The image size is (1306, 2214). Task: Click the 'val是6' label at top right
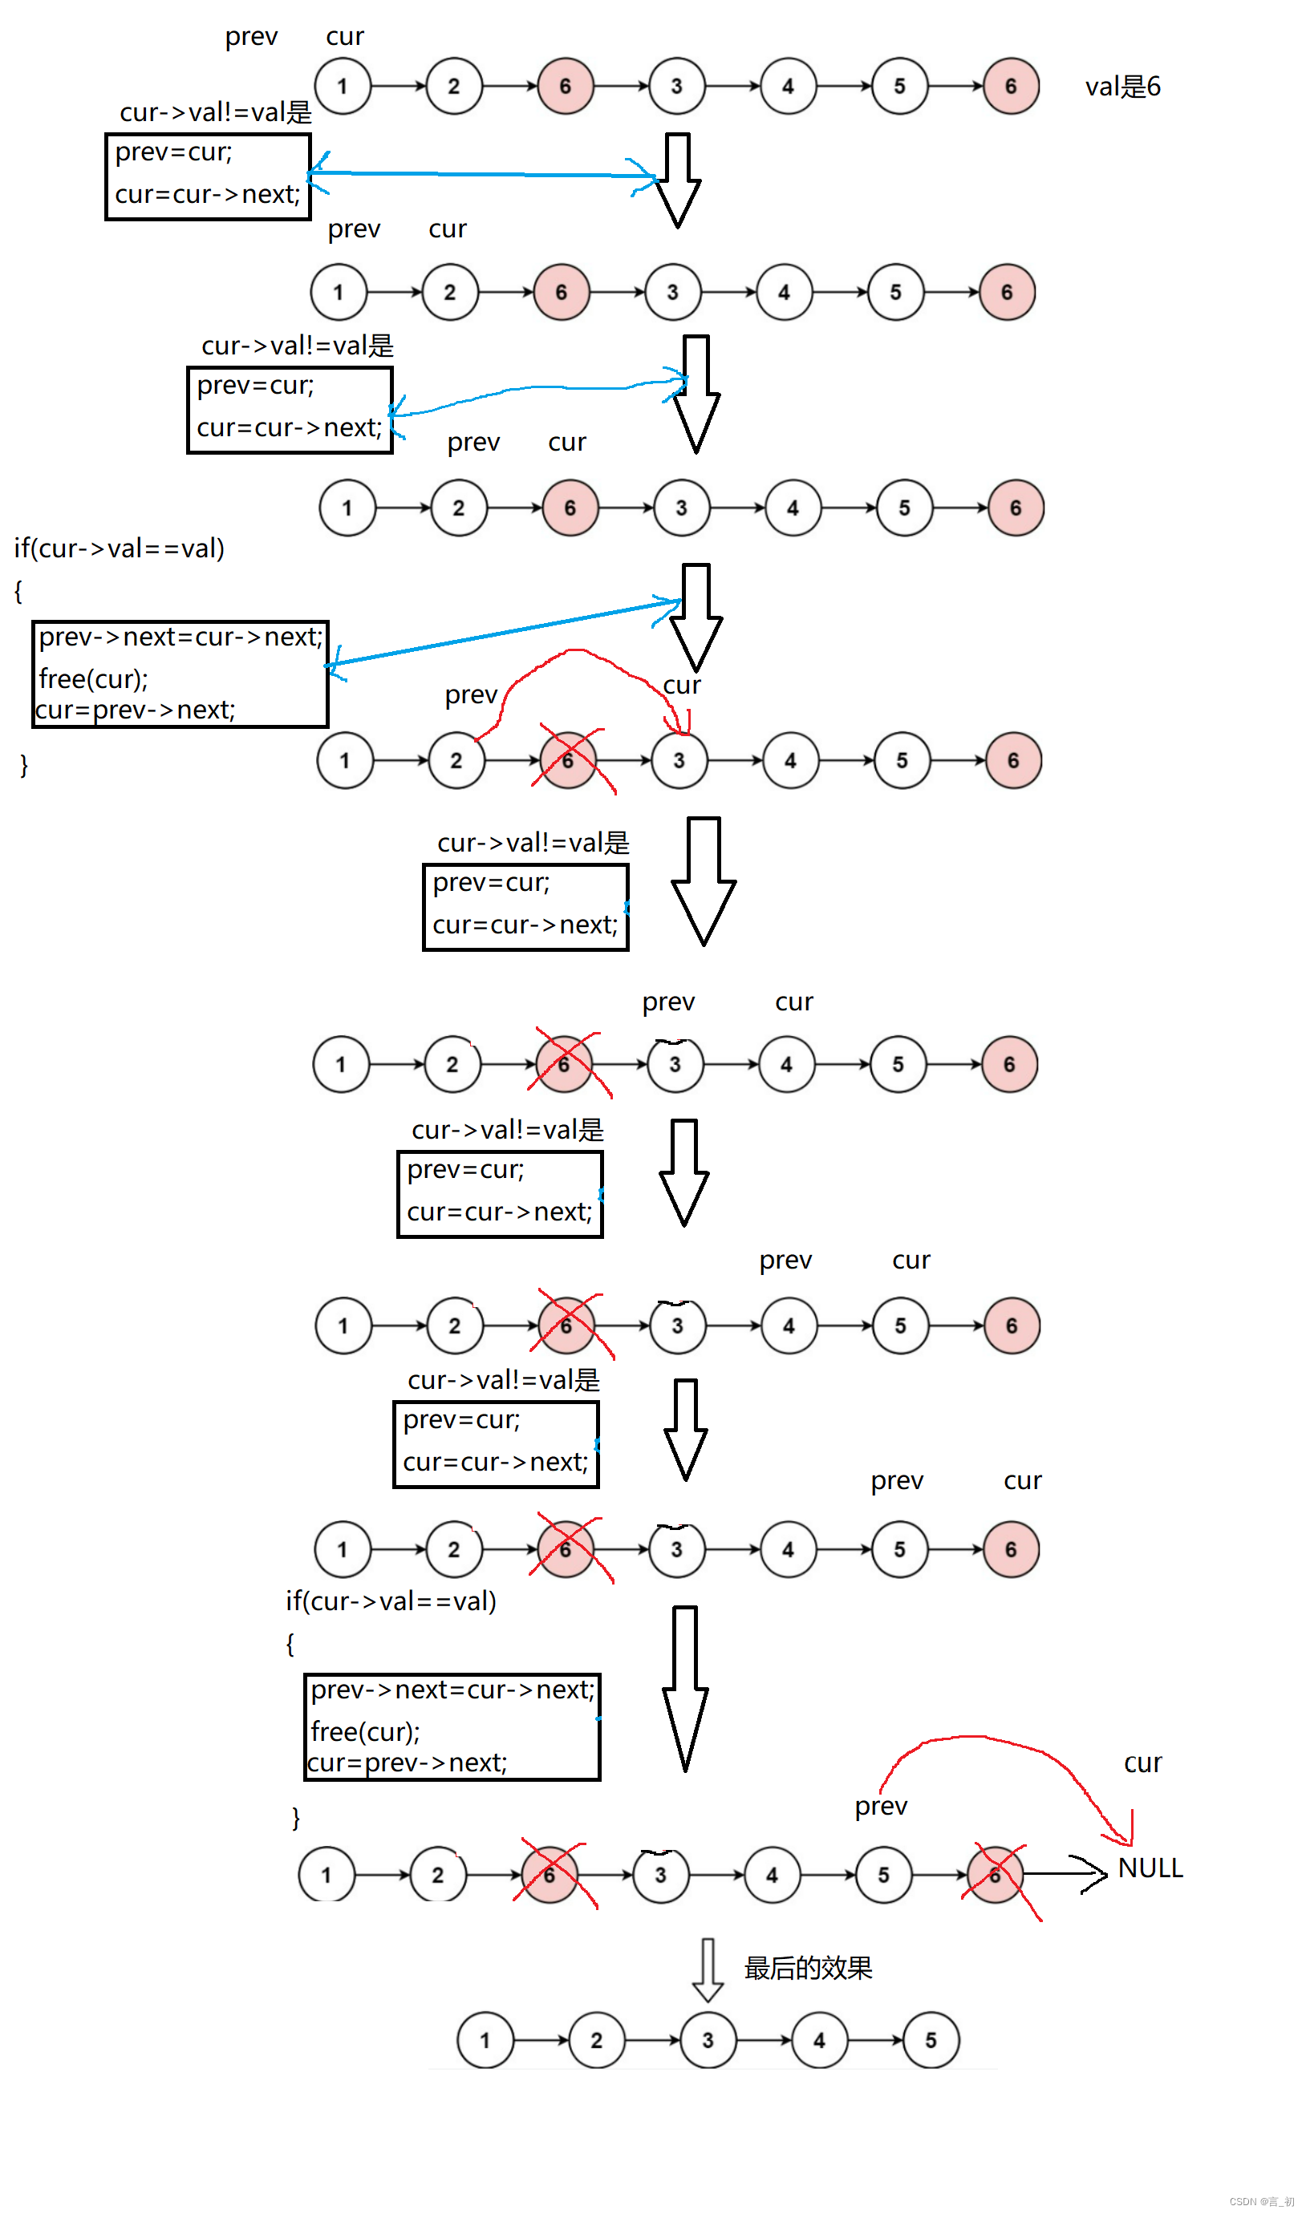coord(1122,87)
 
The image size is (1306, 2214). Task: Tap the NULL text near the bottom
coord(1150,1868)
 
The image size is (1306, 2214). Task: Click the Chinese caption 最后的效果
coord(808,1968)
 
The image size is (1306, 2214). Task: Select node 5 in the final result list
coord(931,2040)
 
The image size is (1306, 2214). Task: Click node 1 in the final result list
coord(485,2040)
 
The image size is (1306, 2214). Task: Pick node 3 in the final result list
coord(708,2040)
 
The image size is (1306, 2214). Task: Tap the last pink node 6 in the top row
coord(1010,87)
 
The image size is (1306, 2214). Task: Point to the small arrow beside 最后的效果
coord(708,1969)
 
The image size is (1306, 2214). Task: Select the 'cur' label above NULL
coord(1142,1763)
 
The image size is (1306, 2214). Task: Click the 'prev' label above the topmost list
coord(251,37)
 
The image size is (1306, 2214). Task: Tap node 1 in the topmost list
coord(343,87)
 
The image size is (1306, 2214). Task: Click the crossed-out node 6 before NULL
coord(995,1875)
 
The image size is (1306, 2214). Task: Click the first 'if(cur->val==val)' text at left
coord(119,548)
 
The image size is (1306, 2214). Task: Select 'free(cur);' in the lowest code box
coord(365,1731)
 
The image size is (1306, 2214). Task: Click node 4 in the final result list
coord(819,2040)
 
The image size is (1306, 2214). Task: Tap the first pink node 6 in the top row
coord(565,87)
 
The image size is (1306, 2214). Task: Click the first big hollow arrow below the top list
coord(678,180)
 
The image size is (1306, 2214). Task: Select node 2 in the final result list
coord(597,2040)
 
